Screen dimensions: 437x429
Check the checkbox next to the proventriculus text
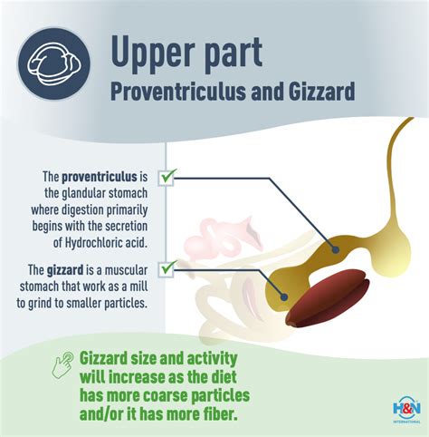[x=167, y=178]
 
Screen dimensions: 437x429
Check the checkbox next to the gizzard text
[x=167, y=267]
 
